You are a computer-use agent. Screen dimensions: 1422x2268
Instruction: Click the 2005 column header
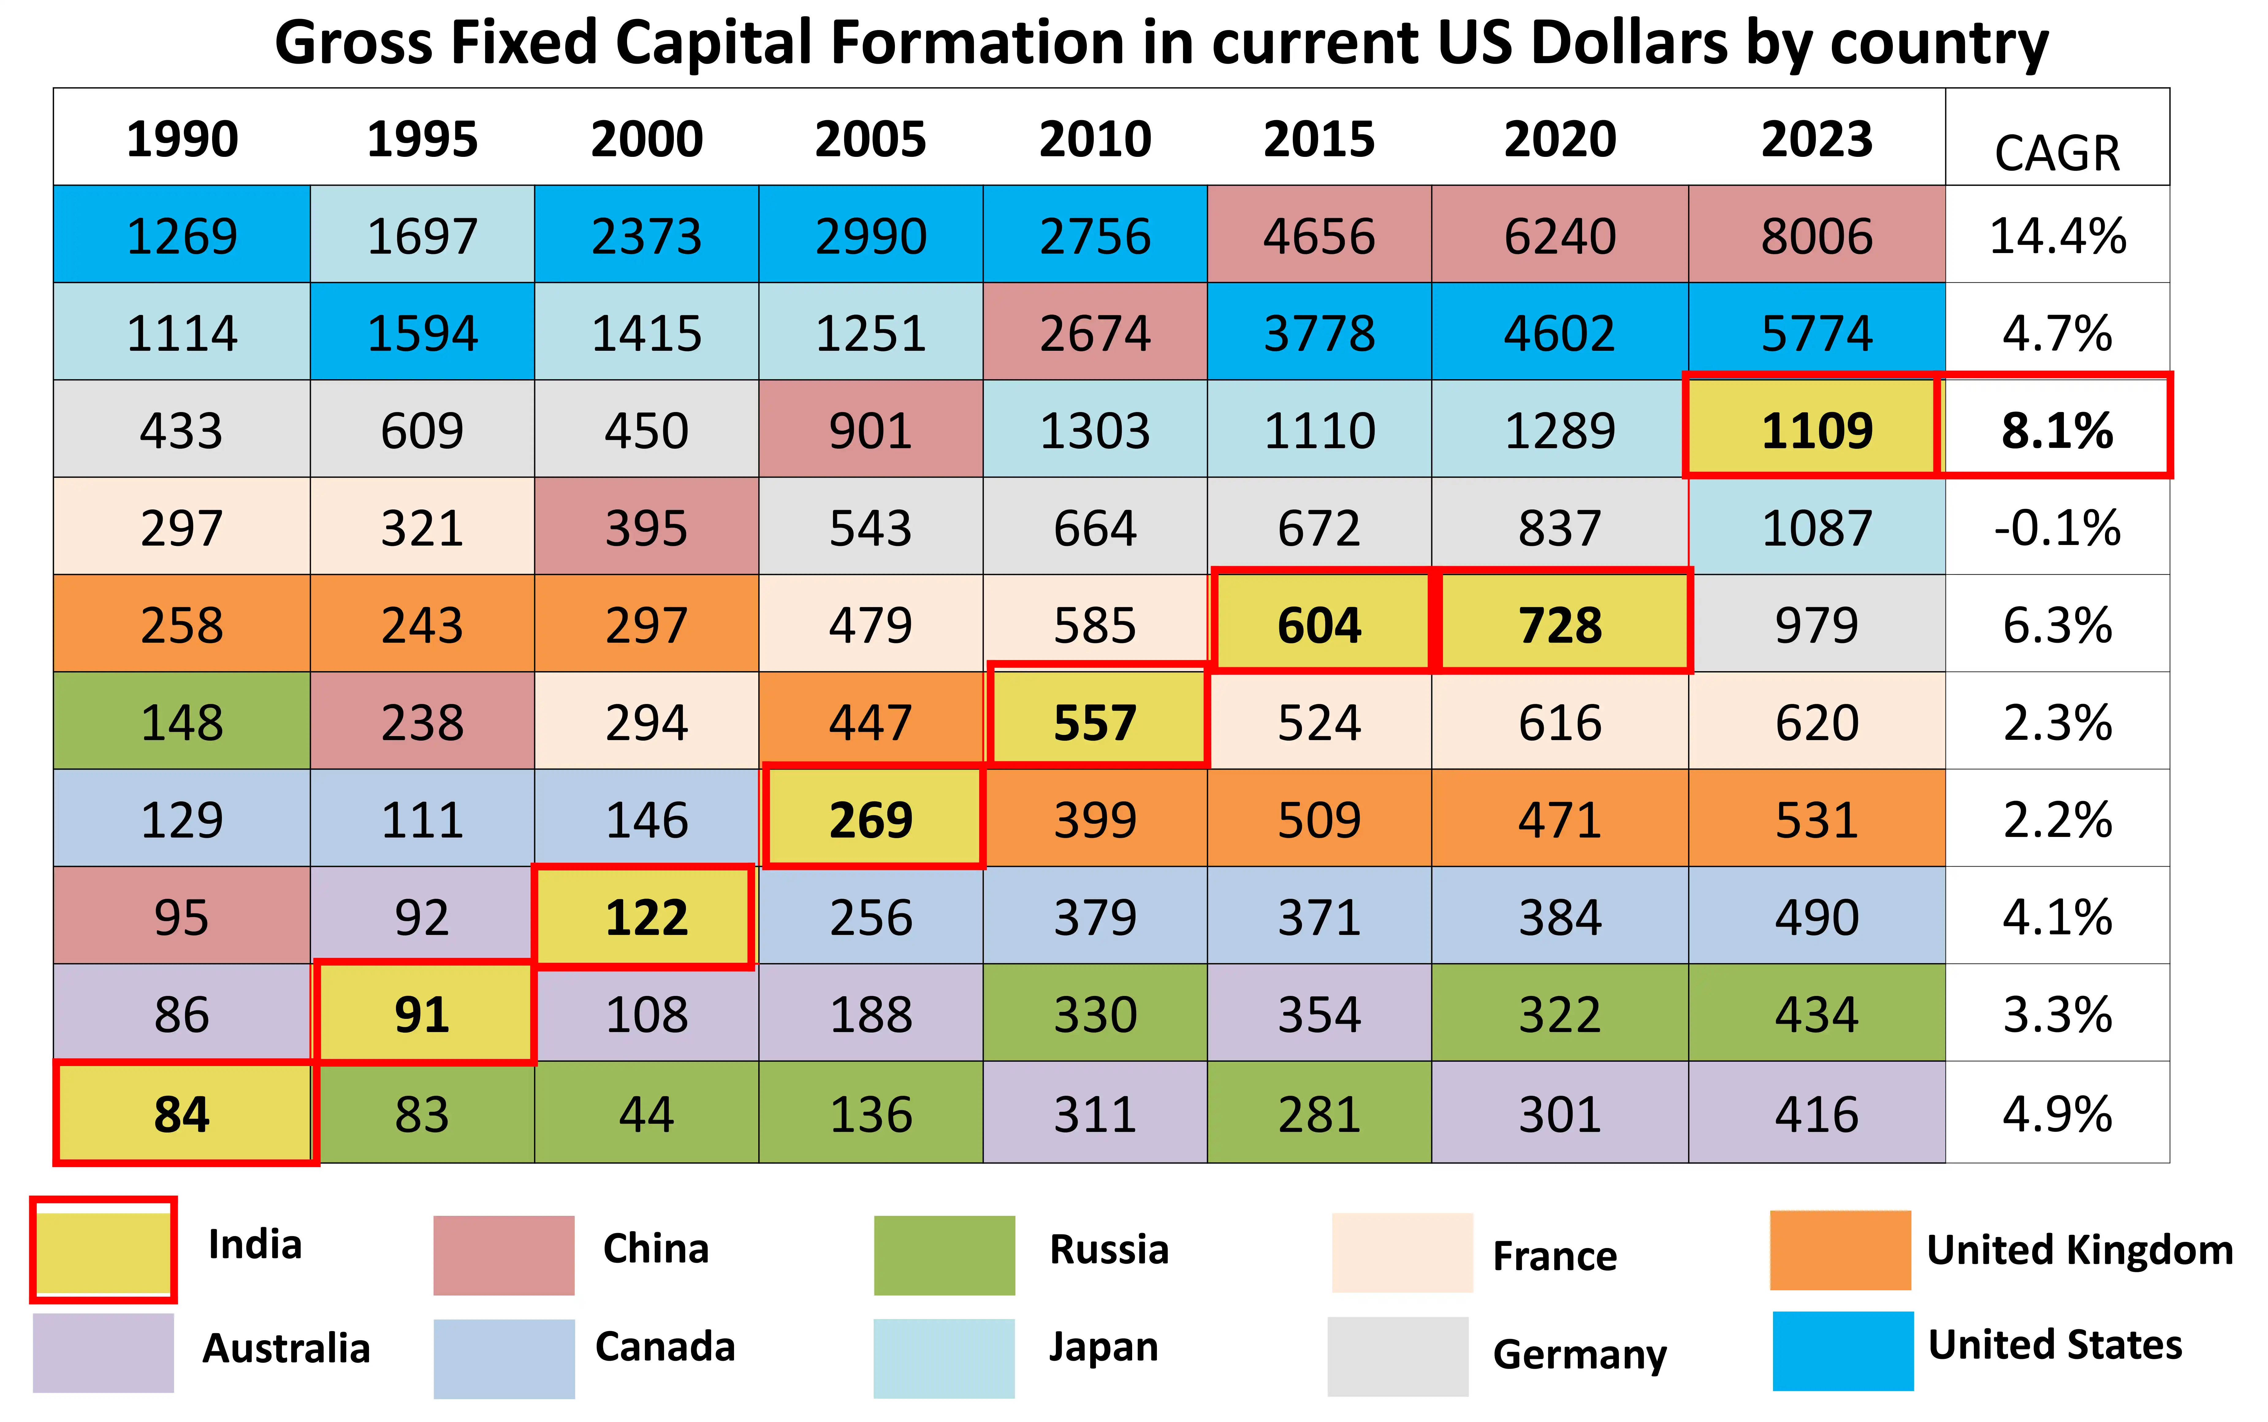pyautogui.click(x=870, y=139)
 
